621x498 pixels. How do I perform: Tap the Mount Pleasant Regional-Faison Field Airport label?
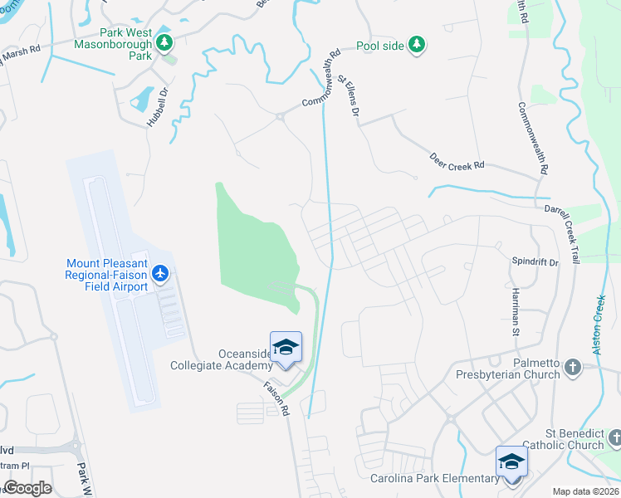tap(107, 275)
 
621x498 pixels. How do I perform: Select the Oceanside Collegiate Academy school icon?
tap(286, 346)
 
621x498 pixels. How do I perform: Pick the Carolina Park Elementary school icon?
tap(511, 461)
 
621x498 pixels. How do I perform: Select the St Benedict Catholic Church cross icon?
tap(613, 437)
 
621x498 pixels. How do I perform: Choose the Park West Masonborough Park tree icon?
tap(165, 41)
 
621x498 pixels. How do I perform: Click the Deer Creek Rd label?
tap(457, 161)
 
